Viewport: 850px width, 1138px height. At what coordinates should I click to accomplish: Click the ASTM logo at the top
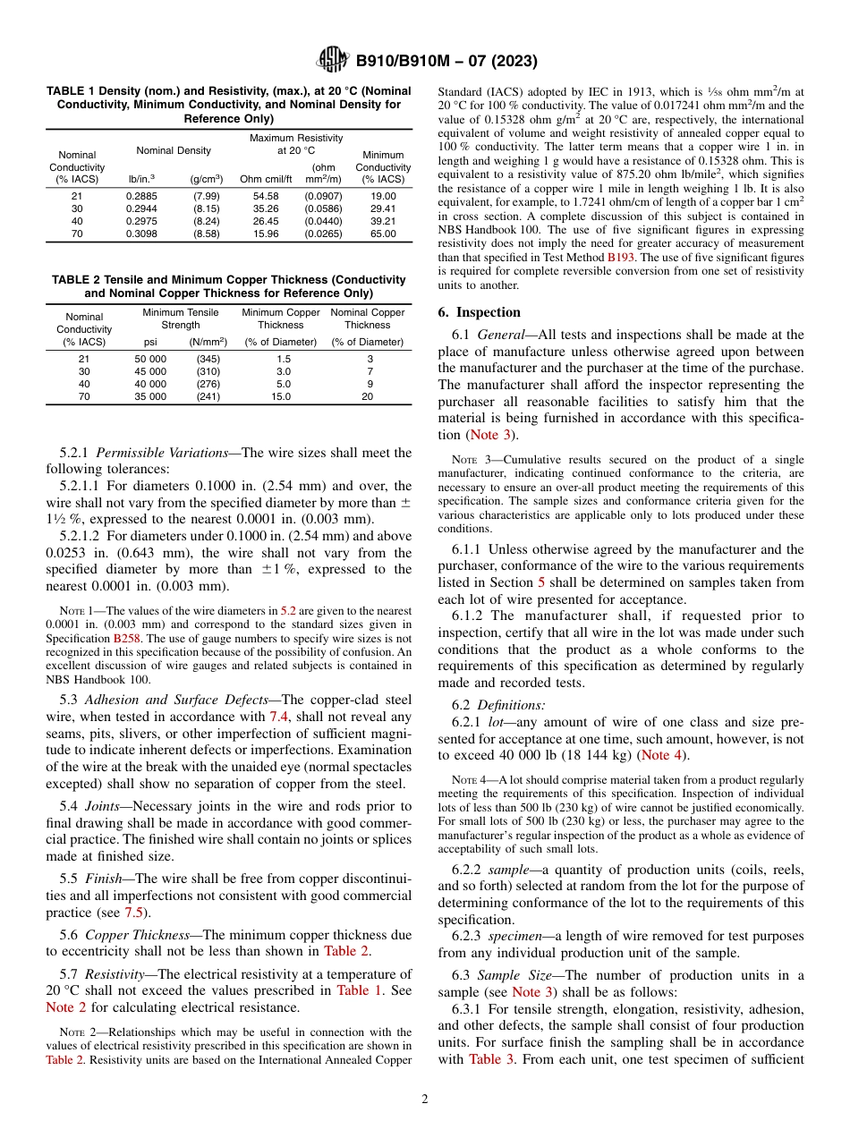[332, 61]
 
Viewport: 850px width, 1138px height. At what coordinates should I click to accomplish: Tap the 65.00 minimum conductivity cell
[383, 233]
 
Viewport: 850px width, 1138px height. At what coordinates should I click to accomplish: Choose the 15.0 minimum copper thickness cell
[281, 395]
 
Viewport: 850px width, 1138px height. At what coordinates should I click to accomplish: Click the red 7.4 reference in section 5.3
[279, 692]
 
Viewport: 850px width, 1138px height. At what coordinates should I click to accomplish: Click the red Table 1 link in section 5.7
[359, 990]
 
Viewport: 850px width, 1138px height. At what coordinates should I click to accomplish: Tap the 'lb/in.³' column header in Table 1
[140, 179]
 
